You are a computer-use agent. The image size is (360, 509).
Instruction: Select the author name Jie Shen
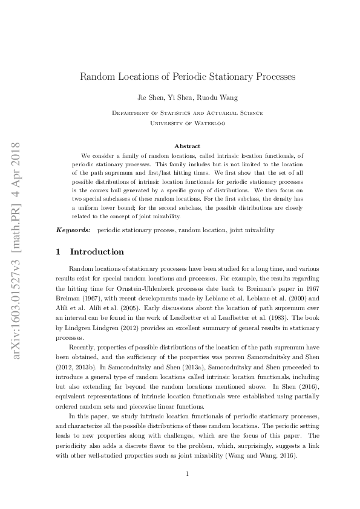(x=151, y=97)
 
